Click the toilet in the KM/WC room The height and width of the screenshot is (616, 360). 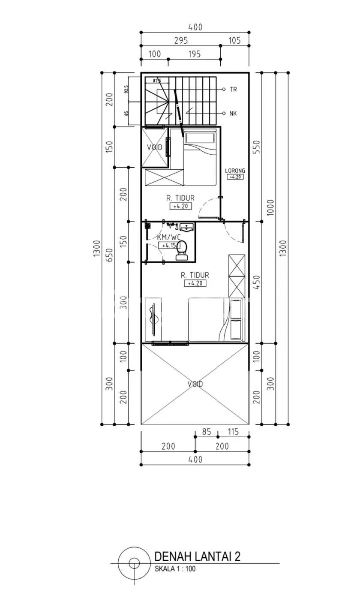[x=182, y=250]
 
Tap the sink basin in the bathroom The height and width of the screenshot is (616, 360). [x=187, y=228]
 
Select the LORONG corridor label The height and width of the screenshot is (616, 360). [x=235, y=171]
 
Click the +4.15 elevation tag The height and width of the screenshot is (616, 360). [x=169, y=245]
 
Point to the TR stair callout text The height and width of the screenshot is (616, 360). [x=233, y=89]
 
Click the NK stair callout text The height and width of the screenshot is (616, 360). [x=233, y=113]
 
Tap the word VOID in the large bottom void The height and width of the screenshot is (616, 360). [x=195, y=384]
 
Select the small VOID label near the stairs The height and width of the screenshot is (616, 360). [x=155, y=147]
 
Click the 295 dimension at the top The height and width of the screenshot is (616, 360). [x=181, y=41]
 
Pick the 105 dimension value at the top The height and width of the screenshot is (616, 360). [x=234, y=41]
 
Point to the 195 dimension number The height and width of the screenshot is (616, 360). [x=195, y=54]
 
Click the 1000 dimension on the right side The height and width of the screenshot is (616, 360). [x=271, y=207]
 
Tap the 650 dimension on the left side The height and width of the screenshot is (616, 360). [x=109, y=255]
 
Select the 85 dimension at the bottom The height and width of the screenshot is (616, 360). [x=207, y=432]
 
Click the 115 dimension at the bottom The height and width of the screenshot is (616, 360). [x=233, y=432]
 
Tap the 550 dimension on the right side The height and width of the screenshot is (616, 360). [x=256, y=147]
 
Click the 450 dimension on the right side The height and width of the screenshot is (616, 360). [x=256, y=282]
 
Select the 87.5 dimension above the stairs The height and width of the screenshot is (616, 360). [x=157, y=81]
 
